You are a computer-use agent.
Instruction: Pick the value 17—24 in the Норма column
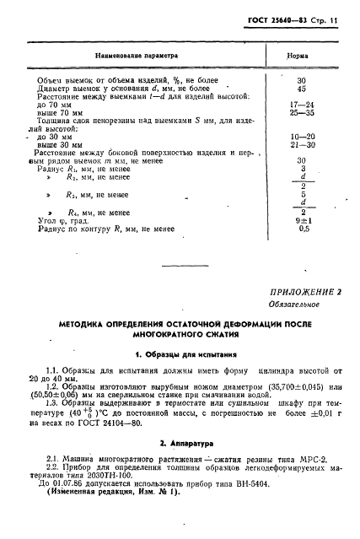[303, 104]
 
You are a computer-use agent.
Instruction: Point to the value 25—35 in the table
[303, 111]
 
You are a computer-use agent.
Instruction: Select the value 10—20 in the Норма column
[303, 136]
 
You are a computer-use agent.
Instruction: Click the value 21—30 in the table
[303, 144]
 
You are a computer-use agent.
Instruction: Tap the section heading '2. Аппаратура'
[180, 443]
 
